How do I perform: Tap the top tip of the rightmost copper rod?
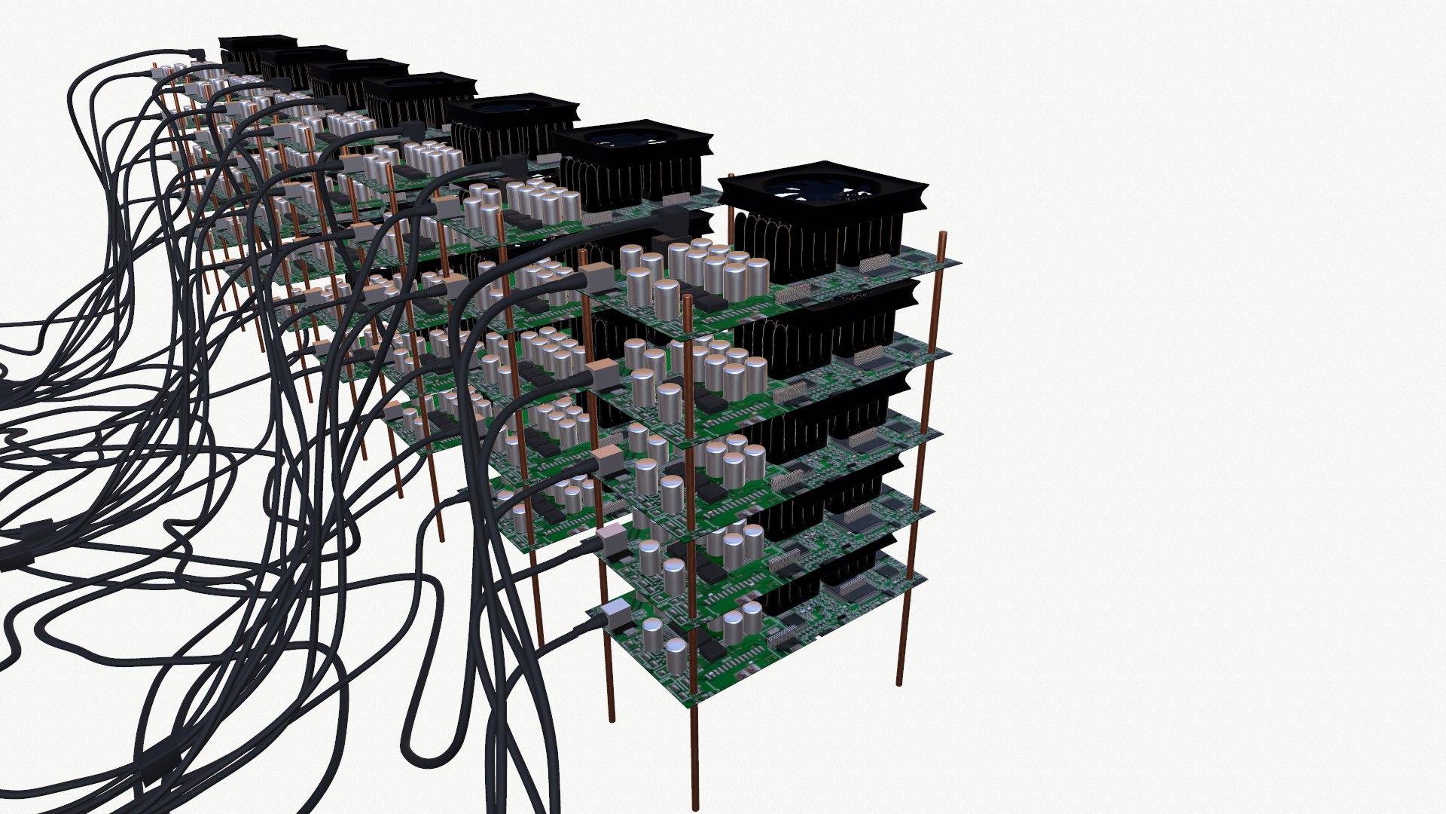coord(941,237)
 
